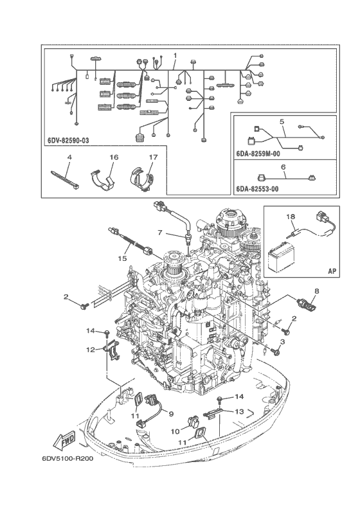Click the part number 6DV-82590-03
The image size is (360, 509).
[x=68, y=141]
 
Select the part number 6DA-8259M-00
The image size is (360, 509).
[x=258, y=154]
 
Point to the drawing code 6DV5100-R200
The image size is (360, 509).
[x=67, y=459]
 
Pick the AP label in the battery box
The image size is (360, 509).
[x=332, y=271]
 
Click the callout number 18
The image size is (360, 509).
[x=291, y=216]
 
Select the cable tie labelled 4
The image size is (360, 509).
[x=65, y=179]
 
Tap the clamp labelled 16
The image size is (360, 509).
[x=102, y=180]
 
